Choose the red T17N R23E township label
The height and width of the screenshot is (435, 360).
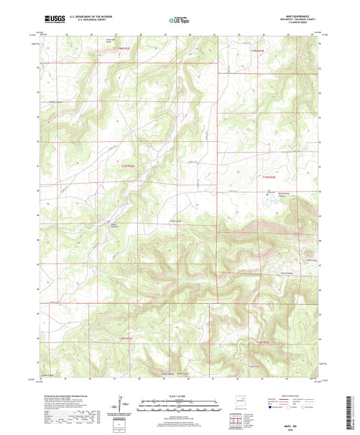click(269, 177)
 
